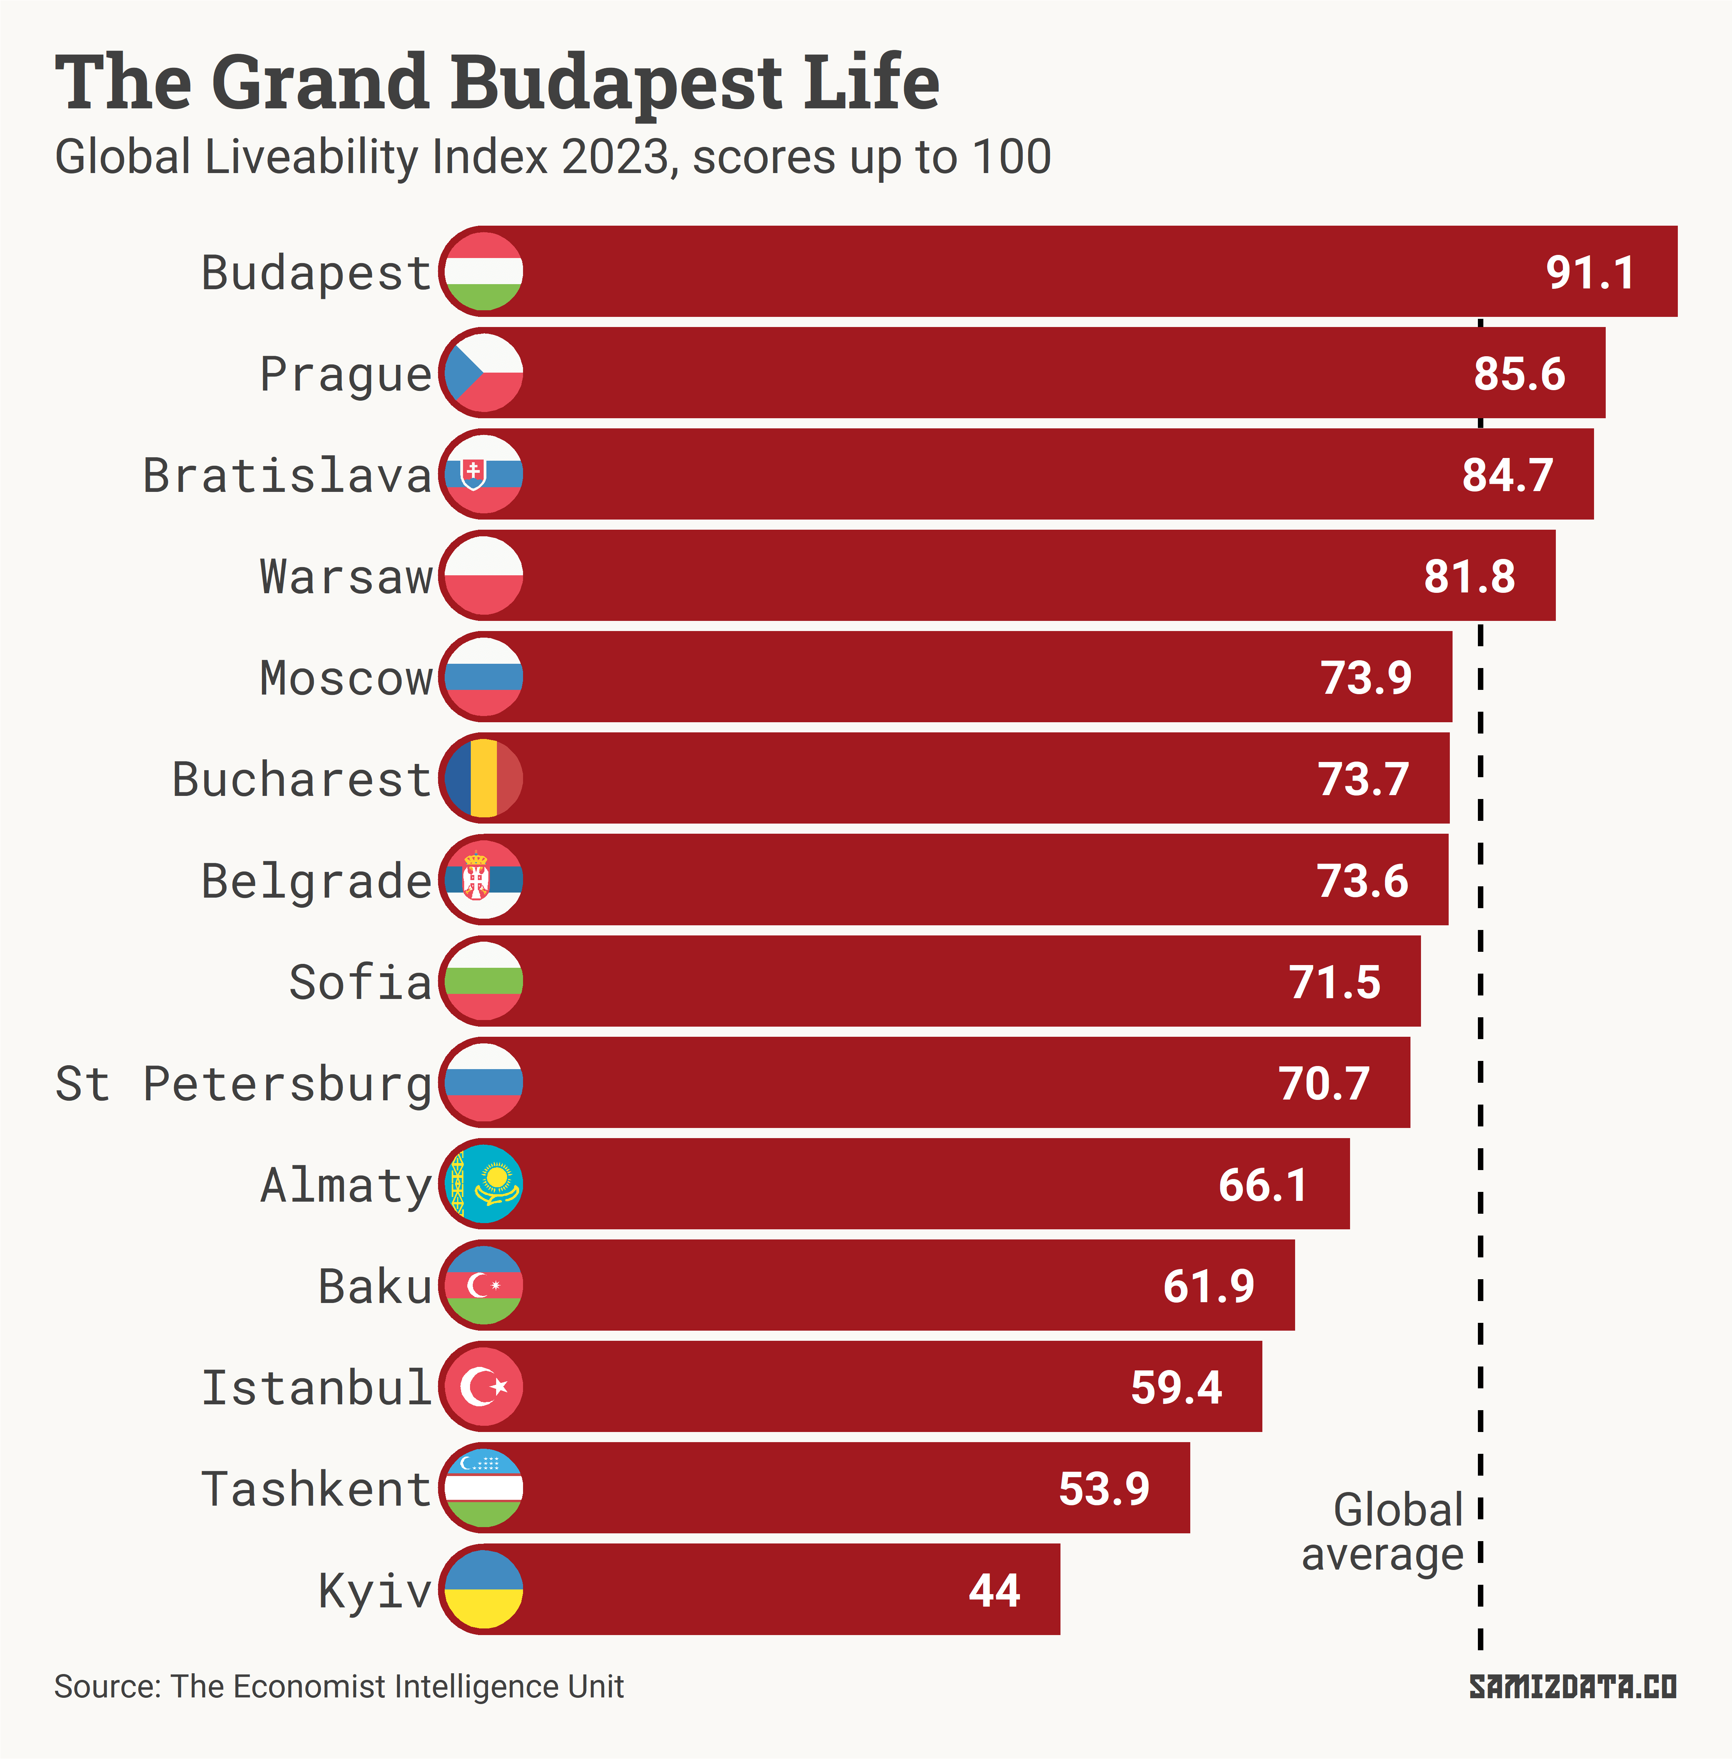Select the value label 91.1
pos(1590,273)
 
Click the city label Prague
pos(346,374)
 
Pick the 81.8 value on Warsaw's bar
pos(1469,576)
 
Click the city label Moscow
pos(346,679)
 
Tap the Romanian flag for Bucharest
pos(484,778)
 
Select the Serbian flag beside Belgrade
pos(484,880)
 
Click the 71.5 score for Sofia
pos(1334,982)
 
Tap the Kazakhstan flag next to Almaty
pos(484,1184)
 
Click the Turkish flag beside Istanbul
pos(484,1387)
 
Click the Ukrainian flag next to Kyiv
pos(484,1590)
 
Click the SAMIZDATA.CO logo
pos(1573,1687)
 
